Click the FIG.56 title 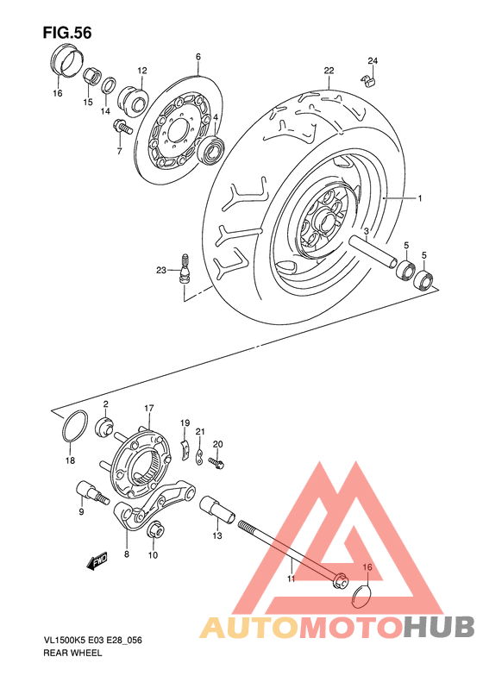(x=66, y=32)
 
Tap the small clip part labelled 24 (x=369, y=82)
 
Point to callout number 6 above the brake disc (x=198, y=58)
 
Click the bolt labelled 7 (x=122, y=128)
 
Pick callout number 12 (x=141, y=70)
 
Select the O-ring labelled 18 (x=75, y=426)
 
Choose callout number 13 (x=217, y=535)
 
